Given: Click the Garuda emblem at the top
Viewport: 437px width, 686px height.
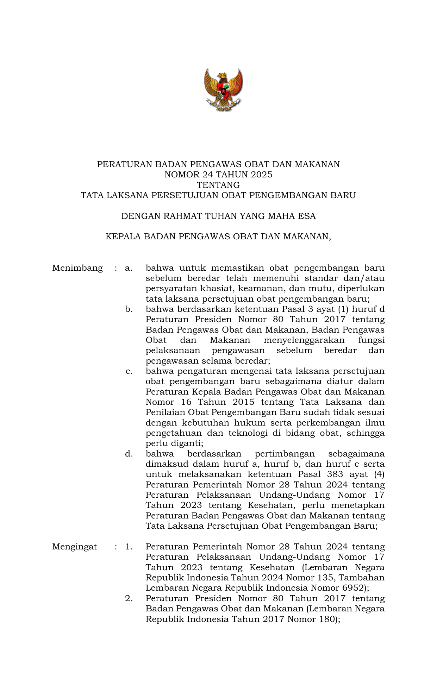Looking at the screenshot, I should [x=223, y=90].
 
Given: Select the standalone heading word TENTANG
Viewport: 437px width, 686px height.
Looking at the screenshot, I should [x=218, y=185].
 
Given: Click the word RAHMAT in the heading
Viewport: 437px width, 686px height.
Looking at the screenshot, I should [x=182, y=216].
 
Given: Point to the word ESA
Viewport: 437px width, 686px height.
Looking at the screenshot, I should [x=307, y=216].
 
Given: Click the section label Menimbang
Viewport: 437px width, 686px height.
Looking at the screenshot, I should [x=77, y=268].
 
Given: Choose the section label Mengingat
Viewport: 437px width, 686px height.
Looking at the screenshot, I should [x=74, y=547].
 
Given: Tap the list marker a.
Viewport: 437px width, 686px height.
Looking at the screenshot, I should [x=128, y=268].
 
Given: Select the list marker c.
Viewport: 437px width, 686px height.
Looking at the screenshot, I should [x=129, y=371].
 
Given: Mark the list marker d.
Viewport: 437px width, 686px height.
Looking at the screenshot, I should [x=129, y=454].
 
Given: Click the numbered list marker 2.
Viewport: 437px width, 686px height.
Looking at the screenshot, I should [x=129, y=598].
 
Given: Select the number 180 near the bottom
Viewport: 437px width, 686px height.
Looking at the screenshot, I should [x=326, y=619].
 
